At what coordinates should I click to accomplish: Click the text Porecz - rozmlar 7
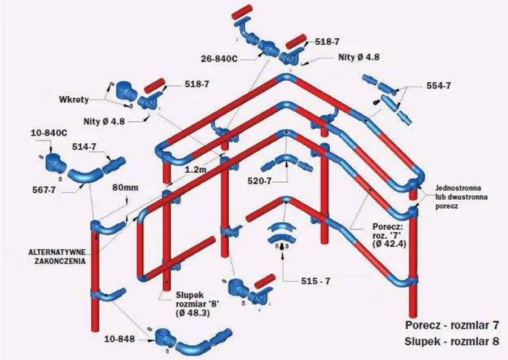click(452, 326)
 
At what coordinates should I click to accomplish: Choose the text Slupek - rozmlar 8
click(452, 341)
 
